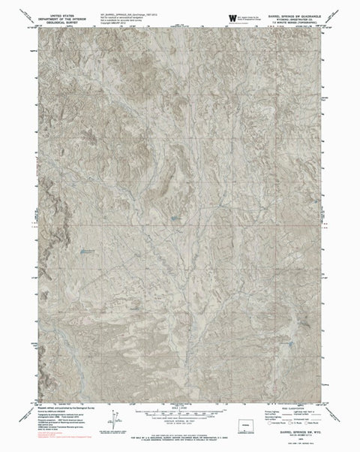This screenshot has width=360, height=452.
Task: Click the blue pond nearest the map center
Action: (x=174, y=217)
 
